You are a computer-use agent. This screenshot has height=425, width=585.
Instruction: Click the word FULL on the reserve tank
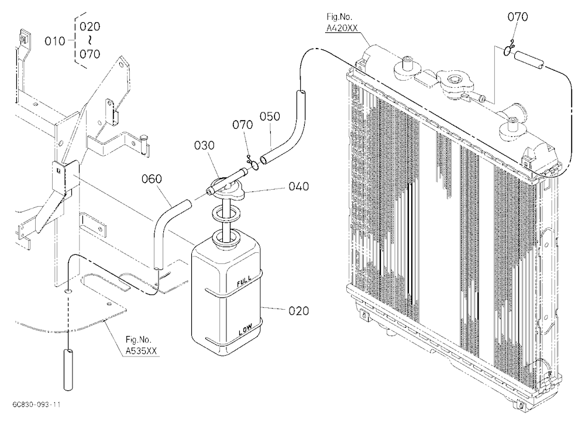coord(244,281)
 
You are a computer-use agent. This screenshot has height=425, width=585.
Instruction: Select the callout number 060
coord(152,179)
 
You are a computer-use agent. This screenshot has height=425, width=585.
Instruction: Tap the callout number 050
coord(270,116)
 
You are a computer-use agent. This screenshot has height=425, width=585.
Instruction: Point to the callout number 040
coord(299,186)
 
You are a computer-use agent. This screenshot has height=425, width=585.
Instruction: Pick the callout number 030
coord(204,145)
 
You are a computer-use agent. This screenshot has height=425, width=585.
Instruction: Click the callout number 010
coord(55,41)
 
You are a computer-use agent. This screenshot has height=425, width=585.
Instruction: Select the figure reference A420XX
coord(342,28)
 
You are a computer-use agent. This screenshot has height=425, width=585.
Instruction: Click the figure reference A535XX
coord(141,351)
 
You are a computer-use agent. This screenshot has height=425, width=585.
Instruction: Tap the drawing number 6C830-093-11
coord(36,405)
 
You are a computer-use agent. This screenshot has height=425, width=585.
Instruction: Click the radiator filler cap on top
coord(455,80)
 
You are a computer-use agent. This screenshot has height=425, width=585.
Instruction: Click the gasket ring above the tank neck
coord(225,214)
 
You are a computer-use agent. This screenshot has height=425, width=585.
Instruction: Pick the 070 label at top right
coord(518,17)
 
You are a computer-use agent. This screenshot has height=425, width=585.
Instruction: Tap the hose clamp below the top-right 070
coord(508,49)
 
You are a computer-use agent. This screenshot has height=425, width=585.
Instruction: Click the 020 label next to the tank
coord(299,311)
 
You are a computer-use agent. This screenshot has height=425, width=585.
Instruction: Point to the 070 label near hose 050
coord(243,125)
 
